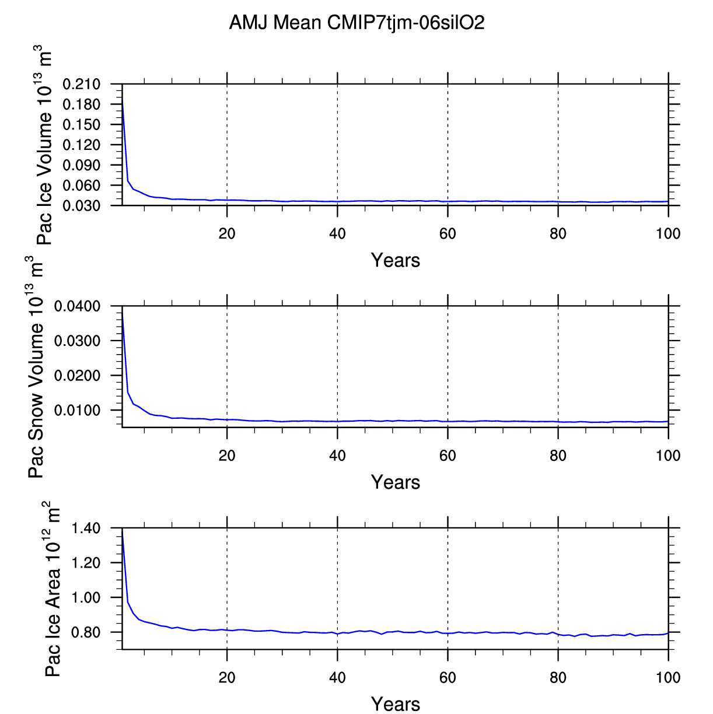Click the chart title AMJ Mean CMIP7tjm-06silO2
[x=356, y=23]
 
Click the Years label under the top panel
[x=395, y=260]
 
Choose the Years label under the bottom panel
[x=395, y=704]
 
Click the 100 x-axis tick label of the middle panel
[x=667, y=456]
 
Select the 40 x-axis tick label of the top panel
[x=337, y=234]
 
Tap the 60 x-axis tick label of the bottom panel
[x=448, y=677]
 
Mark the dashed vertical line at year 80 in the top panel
[x=558, y=146]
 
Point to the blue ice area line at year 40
[x=337, y=633]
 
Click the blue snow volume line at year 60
[x=448, y=421]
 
